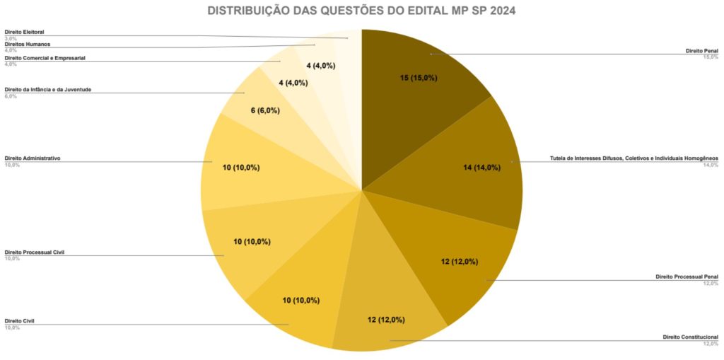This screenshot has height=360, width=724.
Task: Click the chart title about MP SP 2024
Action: (x=362, y=11)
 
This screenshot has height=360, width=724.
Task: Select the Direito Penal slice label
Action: (x=702, y=51)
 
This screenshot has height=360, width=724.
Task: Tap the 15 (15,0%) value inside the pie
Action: (x=418, y=78)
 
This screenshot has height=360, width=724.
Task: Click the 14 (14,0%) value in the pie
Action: (x=481, y=168)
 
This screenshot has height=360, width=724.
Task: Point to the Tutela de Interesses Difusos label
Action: (x=634, y=158)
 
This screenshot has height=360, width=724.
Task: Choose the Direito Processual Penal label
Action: (x=687, y=277)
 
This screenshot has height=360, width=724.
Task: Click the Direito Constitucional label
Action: (x=691, y=337)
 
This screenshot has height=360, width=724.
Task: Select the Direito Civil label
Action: (x=20, y=321)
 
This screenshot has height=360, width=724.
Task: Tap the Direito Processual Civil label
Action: (x=35, y=252)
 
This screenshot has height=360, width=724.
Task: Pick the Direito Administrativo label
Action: (x=33, y=158)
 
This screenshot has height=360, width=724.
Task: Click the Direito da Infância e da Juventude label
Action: (x=47, y=90)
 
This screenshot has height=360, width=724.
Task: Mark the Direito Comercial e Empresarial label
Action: (x=45, y=58)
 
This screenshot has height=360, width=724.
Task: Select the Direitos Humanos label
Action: (x=28, y=44)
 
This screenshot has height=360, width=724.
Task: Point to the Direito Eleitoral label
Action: (x=25, y=32)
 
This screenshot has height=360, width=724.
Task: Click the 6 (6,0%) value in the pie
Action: (x=265, y=110)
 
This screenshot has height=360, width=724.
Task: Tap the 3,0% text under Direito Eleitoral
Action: (x=11, y=38)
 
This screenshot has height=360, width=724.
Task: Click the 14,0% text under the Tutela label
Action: (x=711, y=165)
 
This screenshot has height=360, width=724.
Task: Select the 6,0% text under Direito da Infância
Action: (x=11, y=96)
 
